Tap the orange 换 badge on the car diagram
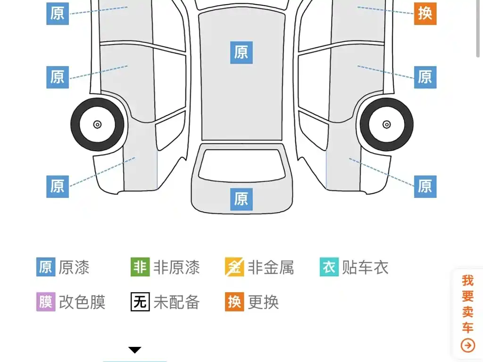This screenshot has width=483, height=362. pyautogui.click(x=425, y=14)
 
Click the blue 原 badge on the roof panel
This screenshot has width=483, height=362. pyautogui.click(x=241, y=53)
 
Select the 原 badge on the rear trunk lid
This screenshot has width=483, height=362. pyautogui.click(x=241, y=199)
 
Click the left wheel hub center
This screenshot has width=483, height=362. pyautogui.click(x=97, y=124)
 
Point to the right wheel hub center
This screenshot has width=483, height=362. pyautogui.click(x=387, y=124)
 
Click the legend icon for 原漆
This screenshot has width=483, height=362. pyautogui.click(x=46, y=267)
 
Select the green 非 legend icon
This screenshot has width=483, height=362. pyautogui.click(x=140, y=267)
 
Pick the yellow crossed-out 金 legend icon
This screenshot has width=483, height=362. pyautogui.click(x=234, y=267)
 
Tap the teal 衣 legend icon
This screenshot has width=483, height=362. pyautogui.click(x=329, y=267)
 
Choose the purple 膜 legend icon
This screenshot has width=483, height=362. pyautogui.click(x=46, y=302)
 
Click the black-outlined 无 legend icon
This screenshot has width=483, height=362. pyautogui.click(x=140, y=302)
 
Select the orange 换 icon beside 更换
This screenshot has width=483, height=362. pyautogui.click(x=234, y=302)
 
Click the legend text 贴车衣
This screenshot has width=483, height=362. pyautogui.click(x=365, y=267)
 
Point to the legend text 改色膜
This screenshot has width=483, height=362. pyautogui.click(x=82, y=302)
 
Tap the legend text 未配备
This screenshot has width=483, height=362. pyautogui.click(x=176, y=302)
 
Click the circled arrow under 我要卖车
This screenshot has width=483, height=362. pyautogui.click(x=467, y=346)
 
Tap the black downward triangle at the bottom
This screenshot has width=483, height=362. pyautogui.click(x=134, y=350)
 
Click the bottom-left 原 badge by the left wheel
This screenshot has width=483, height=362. pyautogui.click(x=58, y=187)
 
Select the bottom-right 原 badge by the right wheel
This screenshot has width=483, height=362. pyautogui.click(x=425, y=187)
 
